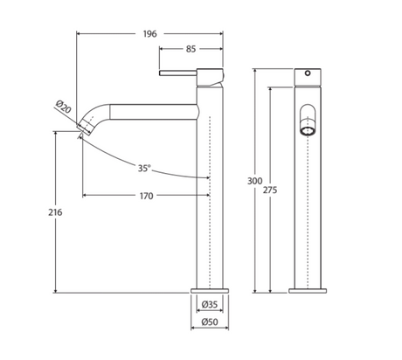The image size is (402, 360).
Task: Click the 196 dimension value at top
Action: point(149,34)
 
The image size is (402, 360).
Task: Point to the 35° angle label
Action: point(144,167)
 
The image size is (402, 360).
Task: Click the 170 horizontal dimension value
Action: point(146,196)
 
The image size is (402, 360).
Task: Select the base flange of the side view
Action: point(210,290)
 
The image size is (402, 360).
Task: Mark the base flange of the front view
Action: point(308,290)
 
